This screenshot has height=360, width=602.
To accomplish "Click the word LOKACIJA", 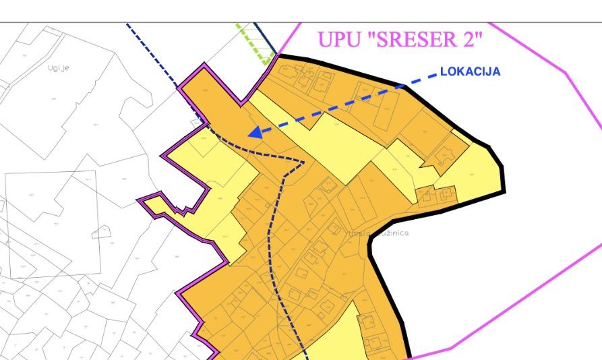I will pos(470,71).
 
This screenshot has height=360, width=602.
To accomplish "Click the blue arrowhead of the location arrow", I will pos(255,132).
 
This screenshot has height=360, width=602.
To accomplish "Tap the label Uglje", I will pos(59,67).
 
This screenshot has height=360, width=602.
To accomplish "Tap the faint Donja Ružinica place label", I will pos(378,233).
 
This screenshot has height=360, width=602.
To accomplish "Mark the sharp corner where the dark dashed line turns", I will pos(304,162).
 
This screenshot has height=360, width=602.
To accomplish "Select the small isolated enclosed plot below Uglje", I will pos(101,231).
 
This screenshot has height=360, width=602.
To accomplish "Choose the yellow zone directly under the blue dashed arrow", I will pos(337,145).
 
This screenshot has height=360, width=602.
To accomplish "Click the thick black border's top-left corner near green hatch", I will pos(279,56).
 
